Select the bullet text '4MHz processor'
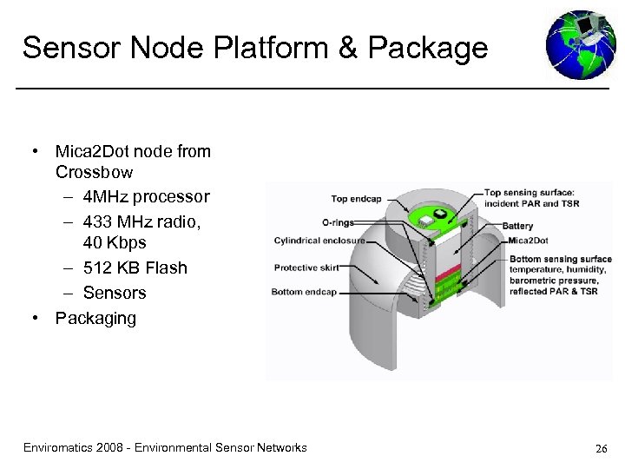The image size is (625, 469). click(x=147, y=196)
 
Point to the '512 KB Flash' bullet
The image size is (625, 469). click(x=135, y=268)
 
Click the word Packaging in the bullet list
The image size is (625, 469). click(x=95, y=318)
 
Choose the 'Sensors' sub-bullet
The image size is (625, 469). click(x=115, y=293)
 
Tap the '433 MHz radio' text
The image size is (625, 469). click(x=141, y=221)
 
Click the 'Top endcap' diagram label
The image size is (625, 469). click(x=356, y=199)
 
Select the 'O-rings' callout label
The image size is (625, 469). click(x=338, y=222)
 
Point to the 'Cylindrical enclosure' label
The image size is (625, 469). click(x=319, y=241)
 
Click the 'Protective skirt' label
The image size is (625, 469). click(x=308, y=268)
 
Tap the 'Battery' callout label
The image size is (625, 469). click(x=517, y=225)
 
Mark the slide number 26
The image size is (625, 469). click(x=601, y=449)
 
